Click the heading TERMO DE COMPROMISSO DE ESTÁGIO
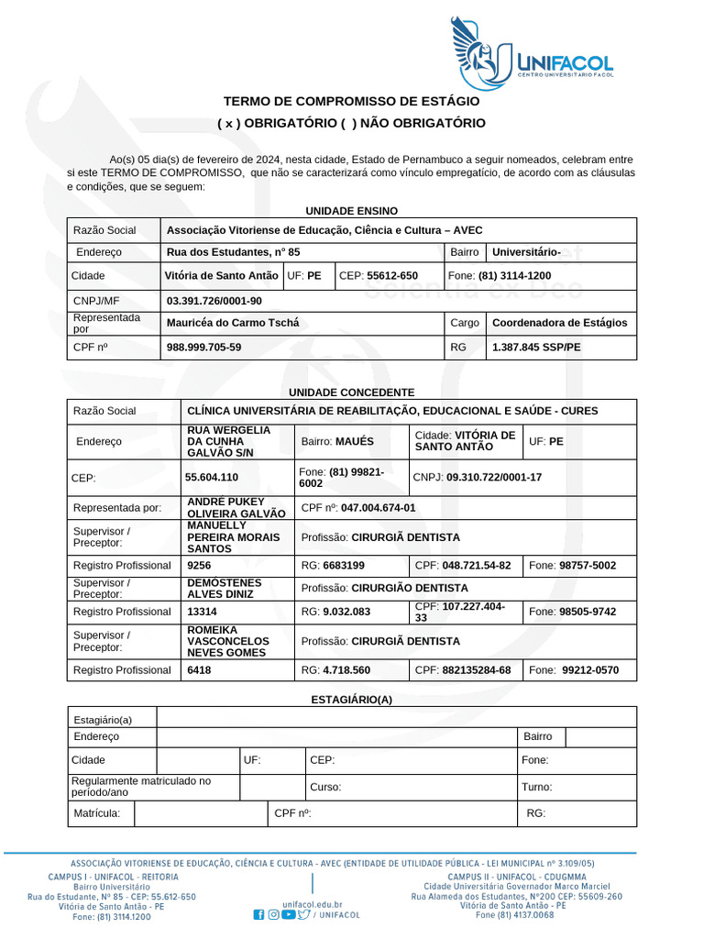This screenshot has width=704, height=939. click(352, 101)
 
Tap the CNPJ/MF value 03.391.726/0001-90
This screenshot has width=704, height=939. click(214, 301)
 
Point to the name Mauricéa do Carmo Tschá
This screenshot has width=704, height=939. click(233, 323)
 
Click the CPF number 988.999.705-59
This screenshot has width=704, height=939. click(204, 348)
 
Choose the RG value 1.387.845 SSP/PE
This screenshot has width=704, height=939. click(536, 348)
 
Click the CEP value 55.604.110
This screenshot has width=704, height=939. click(212, 477)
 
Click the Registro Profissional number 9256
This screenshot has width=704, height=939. click(199, 566)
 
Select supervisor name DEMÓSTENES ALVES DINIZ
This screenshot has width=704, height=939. click(225, 588)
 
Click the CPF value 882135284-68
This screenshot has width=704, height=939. click(476, 670)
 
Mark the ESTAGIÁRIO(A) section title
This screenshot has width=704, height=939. click(352, 700)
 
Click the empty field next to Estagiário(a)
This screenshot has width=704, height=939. click(396, 718)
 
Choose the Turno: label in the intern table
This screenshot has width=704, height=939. click(537, 787)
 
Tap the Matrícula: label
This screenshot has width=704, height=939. click(96, 812)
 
